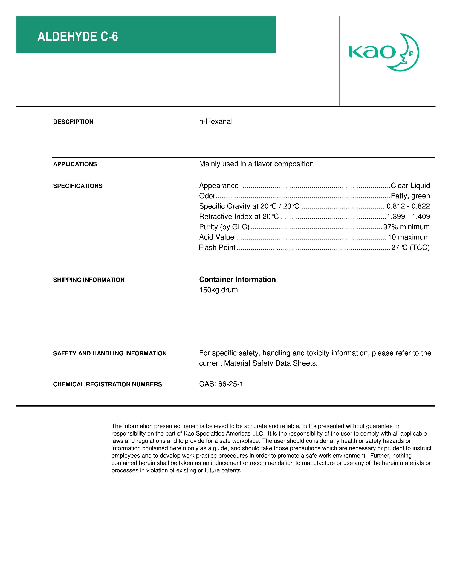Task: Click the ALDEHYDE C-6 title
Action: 77,37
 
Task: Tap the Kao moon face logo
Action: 384,52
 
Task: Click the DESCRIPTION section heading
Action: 73,122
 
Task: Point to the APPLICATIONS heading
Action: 75,164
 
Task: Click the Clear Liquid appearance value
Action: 410,186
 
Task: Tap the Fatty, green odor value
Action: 410,196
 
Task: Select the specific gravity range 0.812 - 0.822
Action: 408,206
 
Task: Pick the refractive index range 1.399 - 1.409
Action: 408,217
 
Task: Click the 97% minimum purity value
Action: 406,227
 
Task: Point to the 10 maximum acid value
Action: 409,237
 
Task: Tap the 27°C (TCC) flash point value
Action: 410,248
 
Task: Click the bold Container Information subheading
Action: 237,279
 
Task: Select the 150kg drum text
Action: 218,290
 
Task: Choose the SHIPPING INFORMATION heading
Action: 89,280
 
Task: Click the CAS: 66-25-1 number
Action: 221,384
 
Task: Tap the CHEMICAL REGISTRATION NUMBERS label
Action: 107,385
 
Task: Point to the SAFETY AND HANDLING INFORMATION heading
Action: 110,354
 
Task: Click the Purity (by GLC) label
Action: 224,227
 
